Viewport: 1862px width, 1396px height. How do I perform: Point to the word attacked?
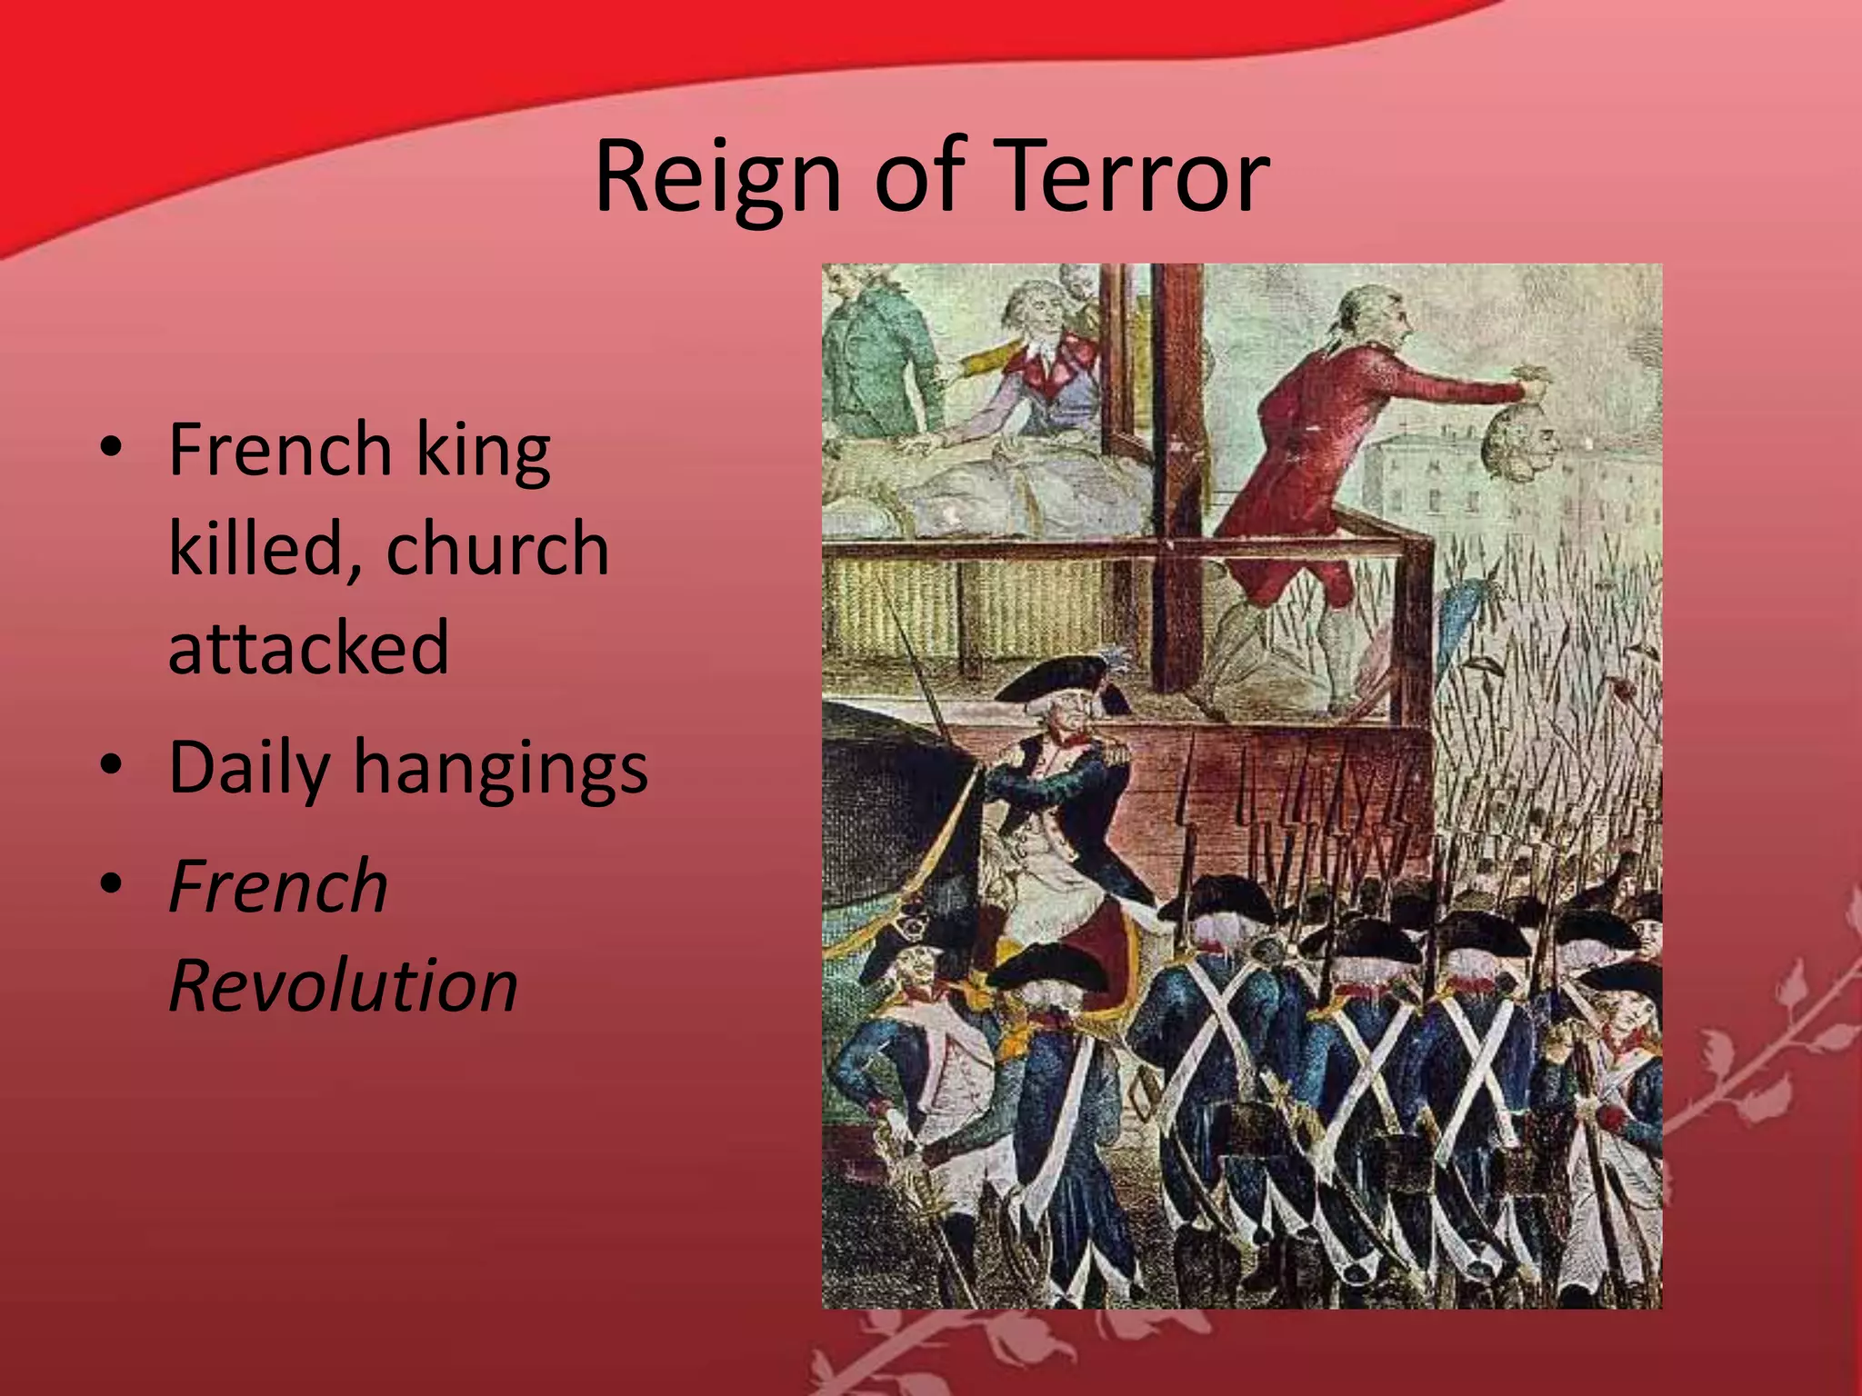point(308,647)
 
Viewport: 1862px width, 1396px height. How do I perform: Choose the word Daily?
point(249,768)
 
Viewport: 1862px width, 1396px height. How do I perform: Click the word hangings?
point(501,770)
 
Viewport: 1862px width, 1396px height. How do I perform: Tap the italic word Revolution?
point(344,985)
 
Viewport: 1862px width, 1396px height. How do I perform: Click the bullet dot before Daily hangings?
point(111,764)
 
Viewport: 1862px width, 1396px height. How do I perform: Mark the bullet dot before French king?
point(111,446)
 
